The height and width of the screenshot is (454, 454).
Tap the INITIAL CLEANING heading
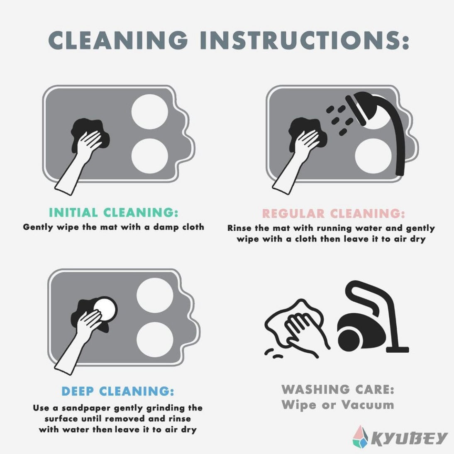click(x=114, y=212)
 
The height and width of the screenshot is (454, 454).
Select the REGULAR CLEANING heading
click(x=333, y=214)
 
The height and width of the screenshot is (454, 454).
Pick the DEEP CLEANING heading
click(x=118, y=391)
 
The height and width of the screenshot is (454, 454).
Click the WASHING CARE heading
click(x=338, y=389)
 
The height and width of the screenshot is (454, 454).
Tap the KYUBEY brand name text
click(x=409, y=438)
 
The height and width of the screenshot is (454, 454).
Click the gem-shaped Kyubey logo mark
click(x=360, y=436)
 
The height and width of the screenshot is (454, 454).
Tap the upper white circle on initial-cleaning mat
click(x=150, y=112)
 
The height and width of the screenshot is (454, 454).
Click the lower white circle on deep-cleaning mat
click(x=155, y=340)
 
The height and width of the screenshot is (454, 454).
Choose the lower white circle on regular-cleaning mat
click(x=373, y=156)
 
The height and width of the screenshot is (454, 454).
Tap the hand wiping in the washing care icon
click(x=304, y=332)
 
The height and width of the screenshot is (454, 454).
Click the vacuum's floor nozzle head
click(x=397, y=350)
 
